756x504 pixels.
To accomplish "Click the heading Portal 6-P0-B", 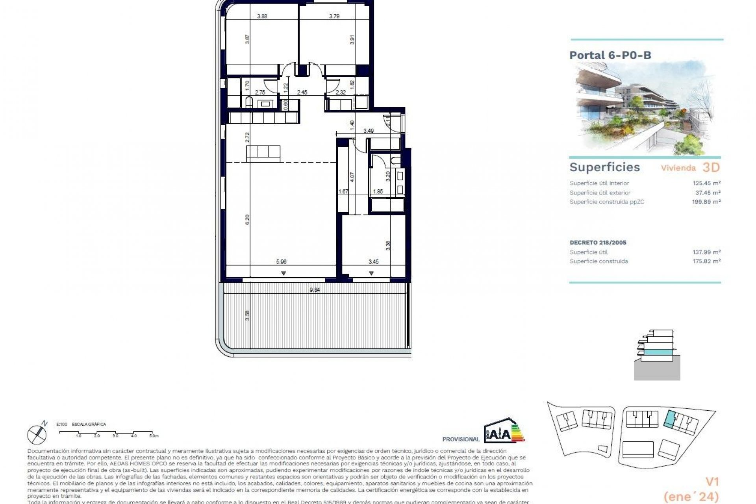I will coord(610,55).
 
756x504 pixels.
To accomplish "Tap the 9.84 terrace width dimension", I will coord(315,290).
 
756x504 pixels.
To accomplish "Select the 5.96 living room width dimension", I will coord(281,261).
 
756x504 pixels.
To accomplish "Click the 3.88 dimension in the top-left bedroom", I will coord(262,16).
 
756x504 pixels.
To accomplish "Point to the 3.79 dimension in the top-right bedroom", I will coord(334,16).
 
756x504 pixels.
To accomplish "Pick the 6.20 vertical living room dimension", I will coord(247,220).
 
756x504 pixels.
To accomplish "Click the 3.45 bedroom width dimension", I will coord(373,261).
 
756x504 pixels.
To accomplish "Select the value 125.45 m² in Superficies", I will coord(706,183).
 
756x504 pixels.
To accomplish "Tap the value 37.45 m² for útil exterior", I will coord(708,193).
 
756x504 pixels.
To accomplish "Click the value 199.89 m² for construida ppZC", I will coord(706,202).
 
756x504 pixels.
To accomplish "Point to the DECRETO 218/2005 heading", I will coord(598,243).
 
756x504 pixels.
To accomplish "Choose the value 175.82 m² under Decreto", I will coord(706,261).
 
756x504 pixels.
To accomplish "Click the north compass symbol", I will coord(37,433).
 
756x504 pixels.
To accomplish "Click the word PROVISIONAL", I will coord(461,439).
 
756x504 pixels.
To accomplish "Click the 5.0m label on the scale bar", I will coord(153,436).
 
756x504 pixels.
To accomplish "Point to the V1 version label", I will coord(712,482).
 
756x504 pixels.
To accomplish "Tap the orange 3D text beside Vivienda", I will coord(711,168).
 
